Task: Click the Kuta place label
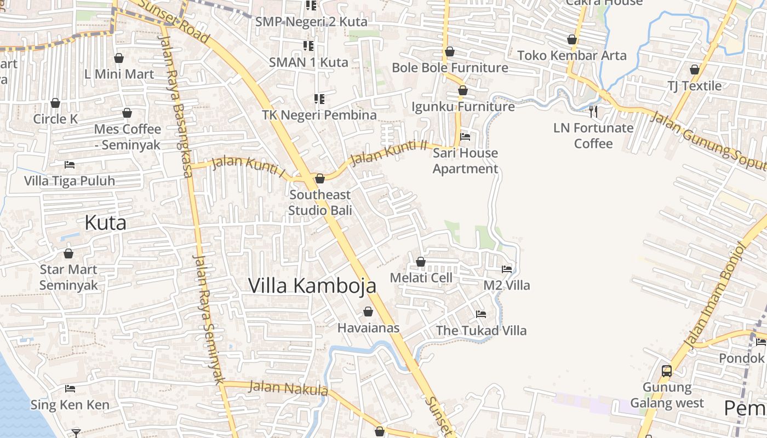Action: (x=105, y=223)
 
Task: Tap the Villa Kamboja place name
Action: (x=312, y=286)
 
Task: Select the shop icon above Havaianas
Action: (x=368, y=312)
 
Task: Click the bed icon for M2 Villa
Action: (x=507, y=269)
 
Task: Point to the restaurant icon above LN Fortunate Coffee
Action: (x=593, y=112)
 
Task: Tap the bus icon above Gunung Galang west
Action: (x=667, y=371)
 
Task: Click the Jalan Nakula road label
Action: (x=288, y=388)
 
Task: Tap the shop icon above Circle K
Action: (x=55, y=103)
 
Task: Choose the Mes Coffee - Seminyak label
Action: (x=128, y=137)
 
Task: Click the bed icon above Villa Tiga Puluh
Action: (x=70, y=164)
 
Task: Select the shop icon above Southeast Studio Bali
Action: (x=320, y=178)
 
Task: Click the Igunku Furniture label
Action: (x=463, y=106)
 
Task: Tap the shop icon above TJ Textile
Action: (x=695, y=70)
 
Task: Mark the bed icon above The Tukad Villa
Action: (x=481, y=314)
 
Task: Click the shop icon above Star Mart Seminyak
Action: (x=68, y=253)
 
